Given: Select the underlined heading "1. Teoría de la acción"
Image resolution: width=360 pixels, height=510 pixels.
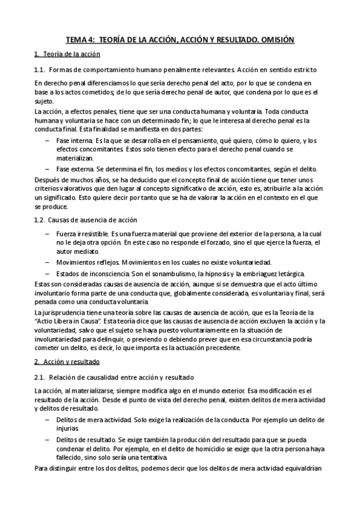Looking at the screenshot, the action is tap(62, 55).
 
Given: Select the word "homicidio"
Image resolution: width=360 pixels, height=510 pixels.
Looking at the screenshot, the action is tap(212, 448).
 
